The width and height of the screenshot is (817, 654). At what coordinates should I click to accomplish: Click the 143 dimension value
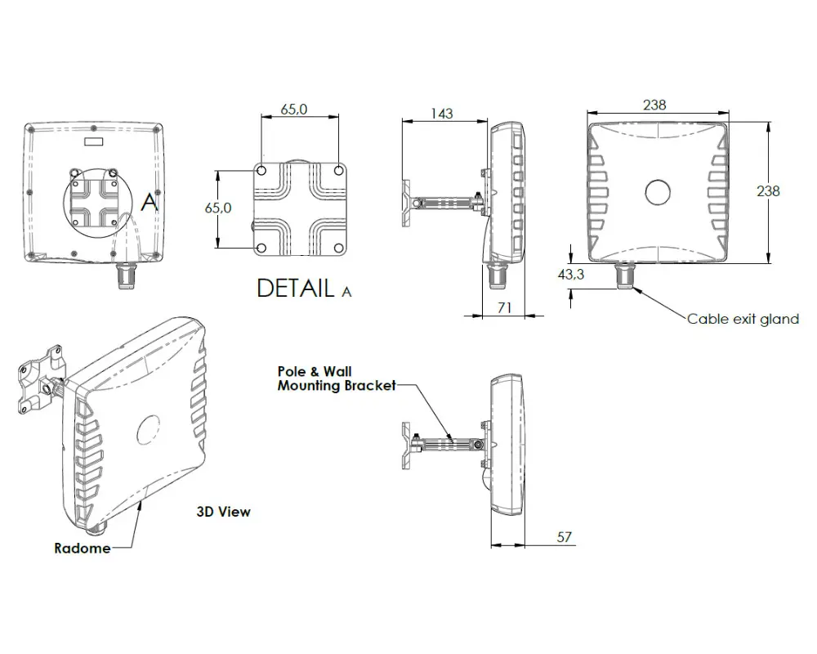(x=441, y=114)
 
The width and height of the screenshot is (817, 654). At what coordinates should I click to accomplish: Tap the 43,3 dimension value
(x=571, y=275)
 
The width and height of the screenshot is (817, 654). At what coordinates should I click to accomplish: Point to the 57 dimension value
(x=564, y=537)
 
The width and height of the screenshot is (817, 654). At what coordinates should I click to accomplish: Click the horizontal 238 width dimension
(x=654, y=105)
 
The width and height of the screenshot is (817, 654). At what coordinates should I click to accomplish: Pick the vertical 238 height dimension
(x=768, y=190)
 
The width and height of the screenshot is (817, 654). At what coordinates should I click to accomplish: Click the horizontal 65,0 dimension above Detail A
(x=293, y=110)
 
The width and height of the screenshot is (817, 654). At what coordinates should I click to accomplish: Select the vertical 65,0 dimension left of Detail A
(x=217, y=208)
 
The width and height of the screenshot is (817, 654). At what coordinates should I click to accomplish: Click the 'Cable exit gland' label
(x=743, y=319)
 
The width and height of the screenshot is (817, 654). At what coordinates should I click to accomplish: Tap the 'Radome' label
(x=82, y=548)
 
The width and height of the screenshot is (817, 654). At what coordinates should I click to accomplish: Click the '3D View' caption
(x=223, y=512)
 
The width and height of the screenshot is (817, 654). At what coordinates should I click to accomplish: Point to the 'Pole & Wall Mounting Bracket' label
(x=336, y=379)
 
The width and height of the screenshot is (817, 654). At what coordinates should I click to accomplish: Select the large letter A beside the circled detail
(x=149, y=201)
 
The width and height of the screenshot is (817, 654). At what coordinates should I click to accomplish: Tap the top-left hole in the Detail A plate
(x=261, y=172)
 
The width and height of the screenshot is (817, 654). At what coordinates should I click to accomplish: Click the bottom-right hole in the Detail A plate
(x=338, y=246)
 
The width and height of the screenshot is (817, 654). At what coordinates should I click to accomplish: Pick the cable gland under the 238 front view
(x=625, y=275)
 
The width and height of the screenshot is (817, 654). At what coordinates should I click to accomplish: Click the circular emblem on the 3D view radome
(x=149, y=429)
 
